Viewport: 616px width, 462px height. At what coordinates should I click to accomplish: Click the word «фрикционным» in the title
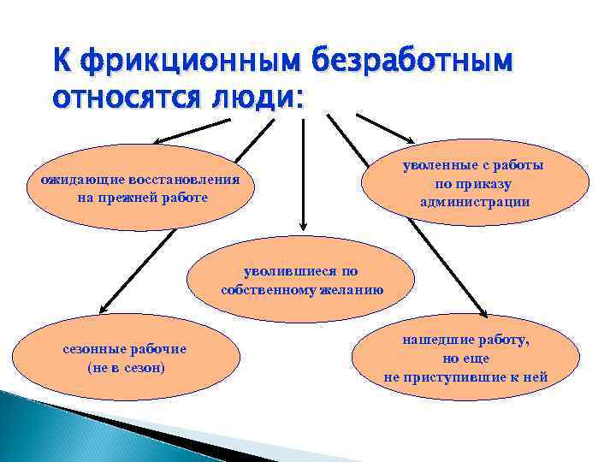pyautogui.click(x=177, y=62)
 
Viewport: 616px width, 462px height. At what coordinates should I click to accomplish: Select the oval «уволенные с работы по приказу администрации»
pyautogui.click(x=475, y=184)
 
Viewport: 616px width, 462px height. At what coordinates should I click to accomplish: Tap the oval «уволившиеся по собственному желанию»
pyautogui.click(x=301, y=281)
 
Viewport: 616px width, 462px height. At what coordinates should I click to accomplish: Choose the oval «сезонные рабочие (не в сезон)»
pyautogui.click(x=125, y=358)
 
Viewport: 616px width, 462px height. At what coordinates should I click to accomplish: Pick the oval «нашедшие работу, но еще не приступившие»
pyautogui.click(x=466, y=358)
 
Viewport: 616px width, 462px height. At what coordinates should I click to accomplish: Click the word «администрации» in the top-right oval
pyautogui.click(x=475, y=202)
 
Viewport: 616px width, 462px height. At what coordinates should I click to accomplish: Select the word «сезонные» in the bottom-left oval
pyautogui.click(x=90, y=349)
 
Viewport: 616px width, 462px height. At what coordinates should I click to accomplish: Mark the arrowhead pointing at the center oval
pyautogui.click(x=301, y=225)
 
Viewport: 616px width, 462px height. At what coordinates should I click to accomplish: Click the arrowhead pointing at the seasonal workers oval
pyautogui.click(x=100, y=310)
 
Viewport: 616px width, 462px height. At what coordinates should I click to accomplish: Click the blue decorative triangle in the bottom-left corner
pyautogui.click(x=51, y=432)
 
